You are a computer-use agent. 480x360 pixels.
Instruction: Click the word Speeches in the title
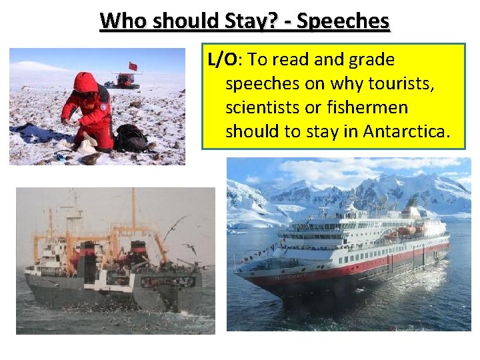point(343,21)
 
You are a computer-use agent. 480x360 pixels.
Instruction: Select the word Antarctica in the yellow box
point(407,131)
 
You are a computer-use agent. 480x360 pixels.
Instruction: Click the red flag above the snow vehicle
point(133,66)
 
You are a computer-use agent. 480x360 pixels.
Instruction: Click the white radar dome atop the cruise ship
point(383,199)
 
